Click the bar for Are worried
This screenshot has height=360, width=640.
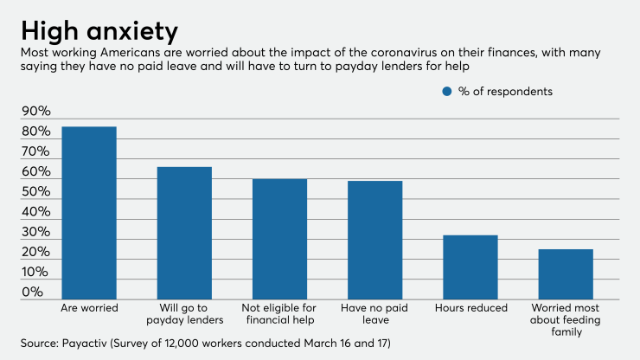[x=89, y=212]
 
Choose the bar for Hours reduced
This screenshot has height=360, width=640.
[x=470, y=267]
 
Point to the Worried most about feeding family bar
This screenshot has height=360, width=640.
[x=566, y=273]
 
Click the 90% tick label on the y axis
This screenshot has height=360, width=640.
[x=35, y=112]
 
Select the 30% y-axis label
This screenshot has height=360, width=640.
[x=35, y=233]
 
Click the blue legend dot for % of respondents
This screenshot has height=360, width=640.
[x=447, y=91]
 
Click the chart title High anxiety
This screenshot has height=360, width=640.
[x=99, y=31]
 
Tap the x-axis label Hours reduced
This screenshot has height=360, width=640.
[x=470, y=307]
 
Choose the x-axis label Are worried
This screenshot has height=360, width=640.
[x=89, y=307]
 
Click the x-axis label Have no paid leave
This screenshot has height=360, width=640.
[x=374, y=313]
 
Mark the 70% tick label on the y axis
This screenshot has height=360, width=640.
[x=35, y=152]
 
